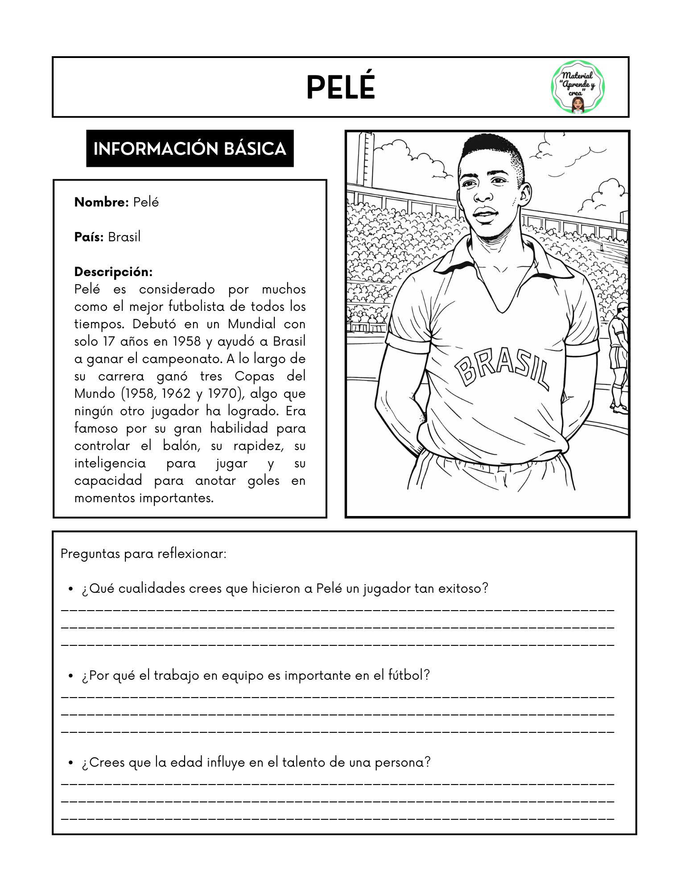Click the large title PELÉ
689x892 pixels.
coord(340,87)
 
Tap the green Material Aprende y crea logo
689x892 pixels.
coord(578,87)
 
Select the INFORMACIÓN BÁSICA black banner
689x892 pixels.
coord(190,149)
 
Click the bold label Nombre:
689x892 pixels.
coord(101,202)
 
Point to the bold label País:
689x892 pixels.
coord(89,237)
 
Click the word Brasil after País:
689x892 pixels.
coord(124,237)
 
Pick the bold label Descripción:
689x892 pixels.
coord(113,272)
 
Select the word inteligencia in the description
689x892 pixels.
coord(110,463)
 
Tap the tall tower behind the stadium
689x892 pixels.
coord(366,161)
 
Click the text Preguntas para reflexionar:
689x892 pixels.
coord(144,554)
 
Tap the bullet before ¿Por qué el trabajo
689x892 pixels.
coord(70,676)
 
